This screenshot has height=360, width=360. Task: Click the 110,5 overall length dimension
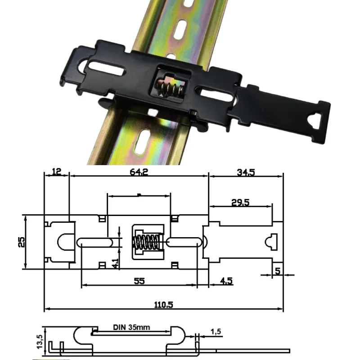[164, 304]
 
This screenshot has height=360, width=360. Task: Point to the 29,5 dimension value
[240, 202]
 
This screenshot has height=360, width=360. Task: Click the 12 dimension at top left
[57, 172]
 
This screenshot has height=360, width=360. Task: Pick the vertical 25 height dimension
[21, 242]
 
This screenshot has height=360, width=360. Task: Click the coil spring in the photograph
[169, 87]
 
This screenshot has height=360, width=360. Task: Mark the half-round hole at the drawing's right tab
[272, 241]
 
